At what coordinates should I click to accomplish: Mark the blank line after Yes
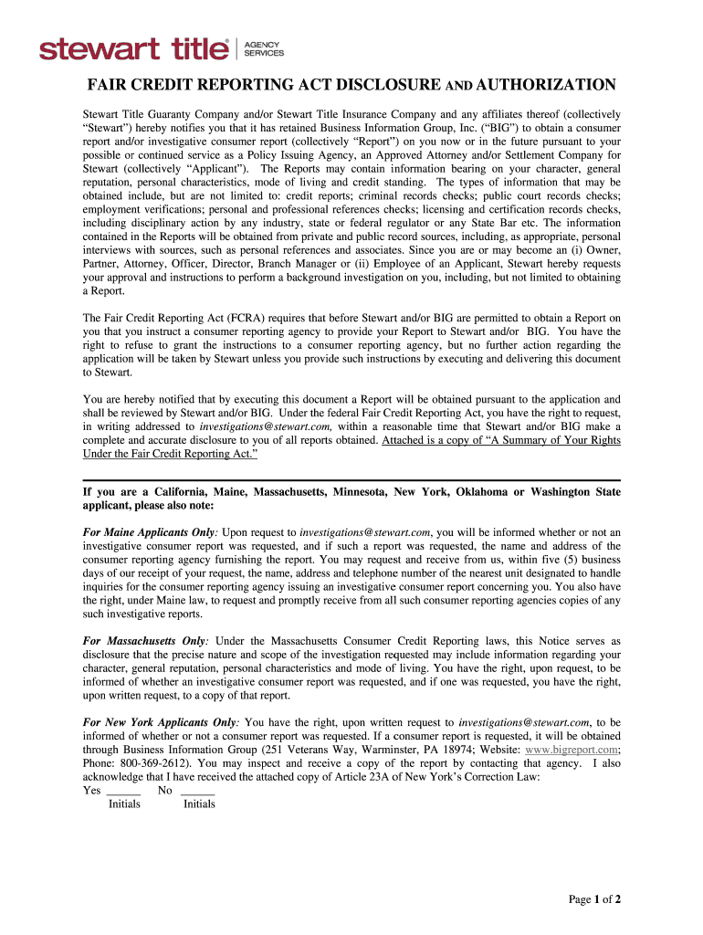pos(123,791)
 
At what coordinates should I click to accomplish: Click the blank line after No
pos(198,791)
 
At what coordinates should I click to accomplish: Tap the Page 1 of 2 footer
pos(594,899)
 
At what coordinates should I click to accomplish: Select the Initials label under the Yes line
pos(124,804)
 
